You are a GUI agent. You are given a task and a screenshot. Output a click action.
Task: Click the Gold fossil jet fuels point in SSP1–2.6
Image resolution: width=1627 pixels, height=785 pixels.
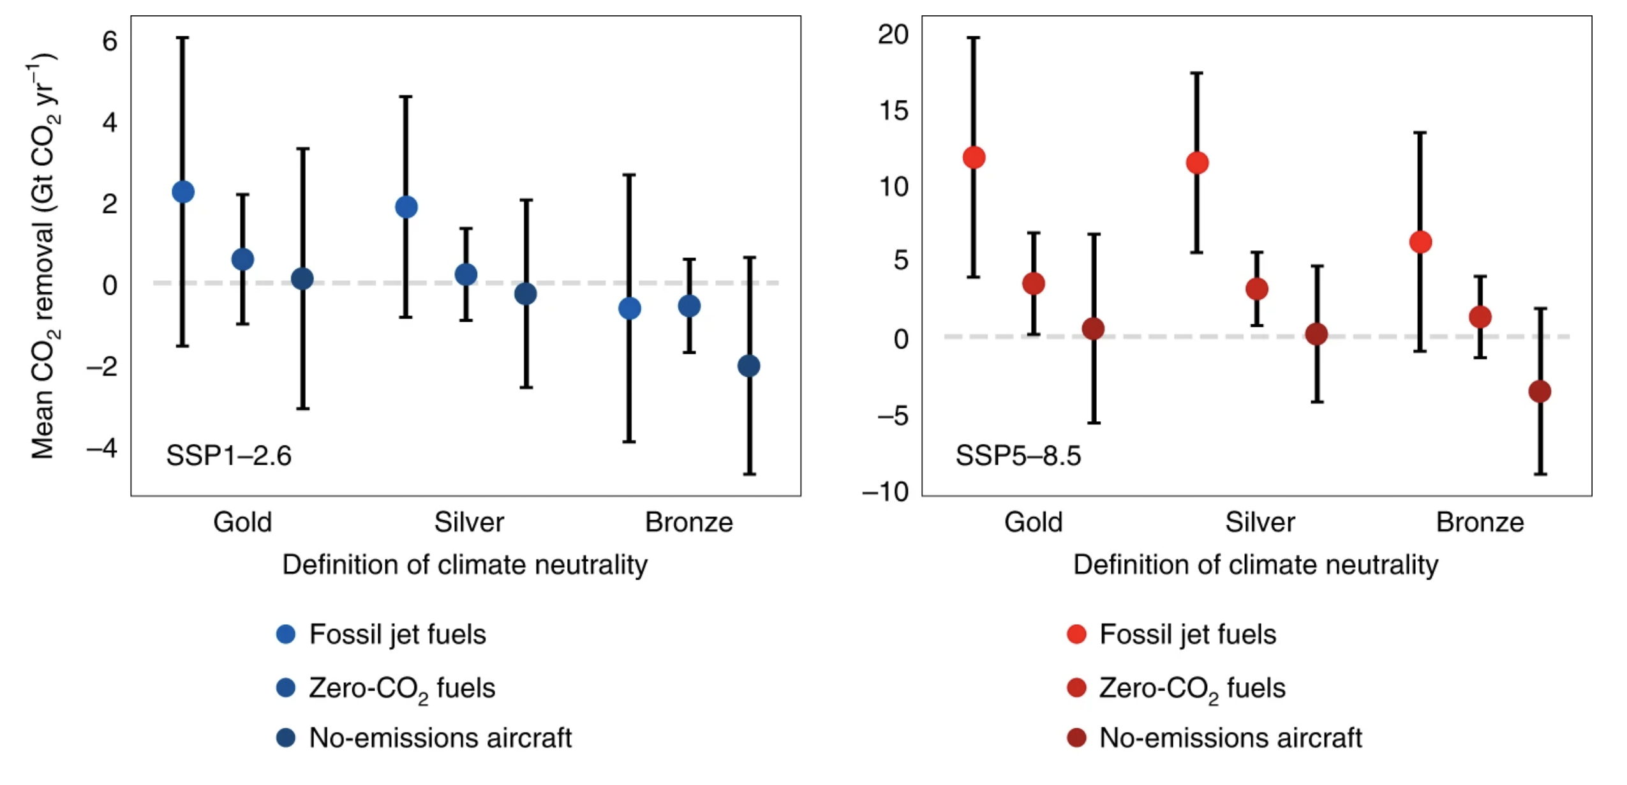pos(183,191)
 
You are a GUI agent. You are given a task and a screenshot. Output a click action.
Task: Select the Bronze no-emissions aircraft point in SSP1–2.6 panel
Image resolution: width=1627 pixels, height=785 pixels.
pos(748,366)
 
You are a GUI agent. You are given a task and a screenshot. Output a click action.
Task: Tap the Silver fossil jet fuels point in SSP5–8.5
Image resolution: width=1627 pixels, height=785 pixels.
pos(1197,163)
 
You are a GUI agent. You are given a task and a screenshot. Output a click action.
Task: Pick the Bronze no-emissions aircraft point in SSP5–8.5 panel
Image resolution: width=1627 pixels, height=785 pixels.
pos(1540,391)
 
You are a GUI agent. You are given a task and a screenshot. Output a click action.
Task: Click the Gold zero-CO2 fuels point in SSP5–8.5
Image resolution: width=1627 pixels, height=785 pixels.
pos(1034,283)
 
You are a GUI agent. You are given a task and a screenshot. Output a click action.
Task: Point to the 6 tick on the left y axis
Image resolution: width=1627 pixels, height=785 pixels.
pos(110,41)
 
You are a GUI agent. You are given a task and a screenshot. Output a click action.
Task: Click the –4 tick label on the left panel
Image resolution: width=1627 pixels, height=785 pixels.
pos(103,448)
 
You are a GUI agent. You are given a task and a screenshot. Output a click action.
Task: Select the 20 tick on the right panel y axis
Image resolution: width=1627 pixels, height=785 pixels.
pos(893,34)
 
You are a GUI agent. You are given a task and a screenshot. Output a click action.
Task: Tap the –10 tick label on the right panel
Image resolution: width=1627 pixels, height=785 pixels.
pos(886,492)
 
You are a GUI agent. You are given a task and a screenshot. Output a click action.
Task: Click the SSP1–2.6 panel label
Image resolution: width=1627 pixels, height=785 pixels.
pos(228,456)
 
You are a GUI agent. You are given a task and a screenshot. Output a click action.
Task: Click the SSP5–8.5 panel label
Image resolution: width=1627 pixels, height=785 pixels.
pos(1018,456)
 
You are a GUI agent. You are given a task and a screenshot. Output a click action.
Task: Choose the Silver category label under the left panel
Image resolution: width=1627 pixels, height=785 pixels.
pos(469,522)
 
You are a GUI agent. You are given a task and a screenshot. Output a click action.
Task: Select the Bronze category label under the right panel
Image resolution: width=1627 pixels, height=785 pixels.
pos(1480,522)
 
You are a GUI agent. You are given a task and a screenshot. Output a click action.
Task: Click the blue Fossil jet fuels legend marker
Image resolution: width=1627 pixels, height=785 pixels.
pos(286,634)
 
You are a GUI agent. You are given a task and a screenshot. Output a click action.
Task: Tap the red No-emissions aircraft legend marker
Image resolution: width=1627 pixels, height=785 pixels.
pos(1076,738)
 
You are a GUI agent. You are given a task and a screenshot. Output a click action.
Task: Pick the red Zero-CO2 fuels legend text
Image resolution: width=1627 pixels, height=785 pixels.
pos(1192,689)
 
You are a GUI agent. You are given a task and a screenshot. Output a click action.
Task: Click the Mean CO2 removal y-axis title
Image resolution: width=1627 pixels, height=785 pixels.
pos(43,255)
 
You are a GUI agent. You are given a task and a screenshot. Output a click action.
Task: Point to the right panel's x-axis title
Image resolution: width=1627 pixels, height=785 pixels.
pos(1256,565)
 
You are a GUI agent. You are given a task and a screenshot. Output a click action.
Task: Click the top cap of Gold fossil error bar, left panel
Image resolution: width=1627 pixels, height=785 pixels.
pos(182,38)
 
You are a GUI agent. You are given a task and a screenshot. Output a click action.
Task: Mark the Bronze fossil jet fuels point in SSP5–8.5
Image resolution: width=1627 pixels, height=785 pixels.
pos(1420,242)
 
